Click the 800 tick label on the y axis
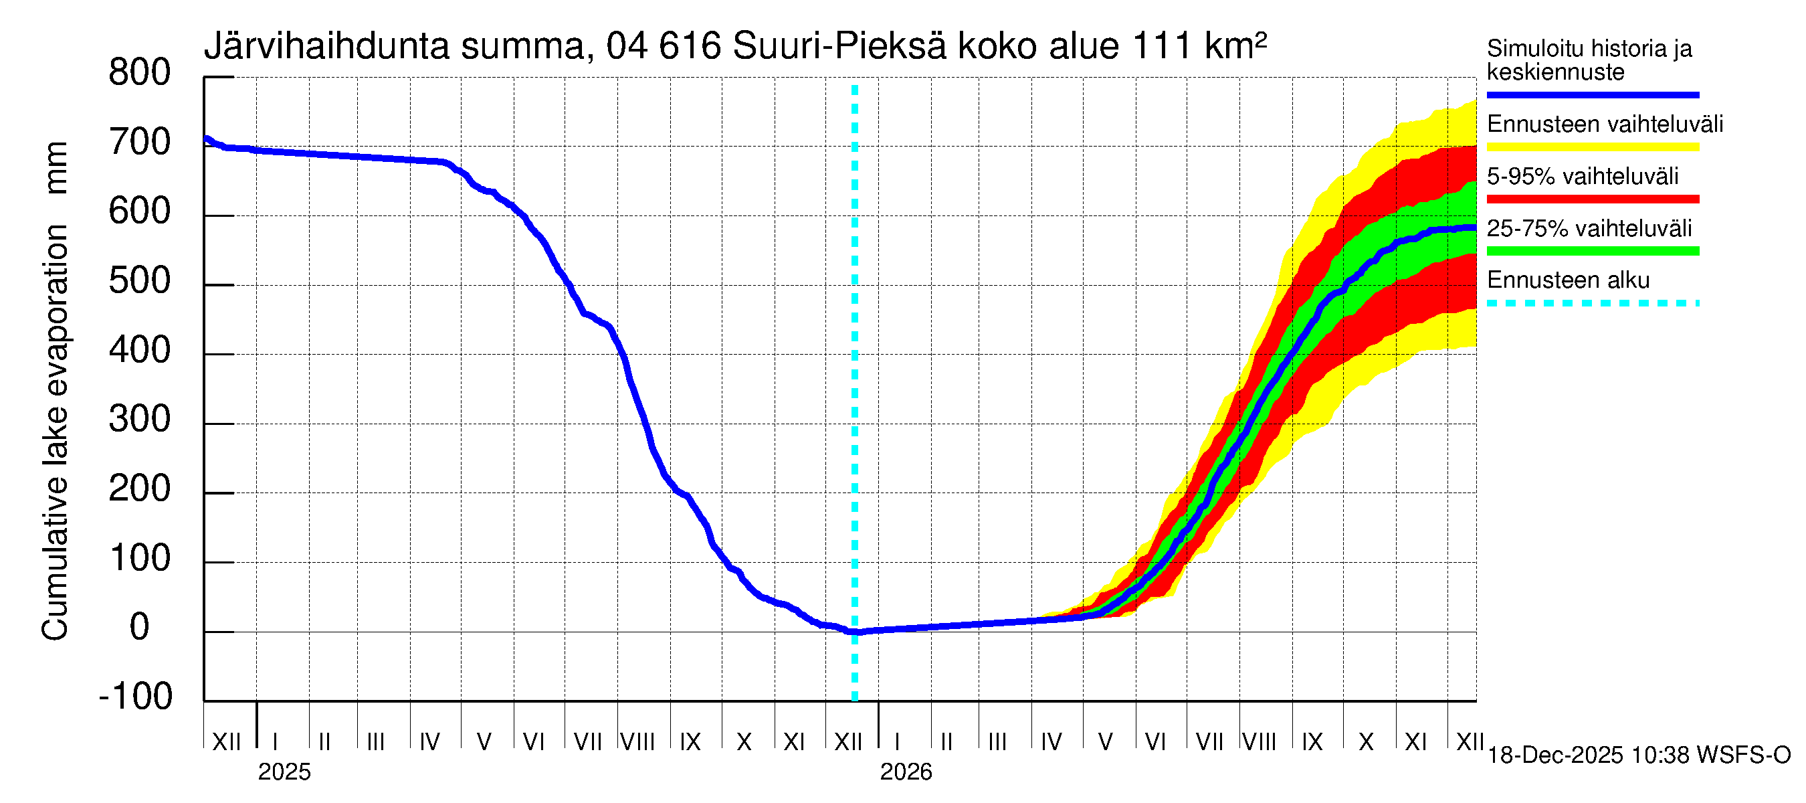(140, 73)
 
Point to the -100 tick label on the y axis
(136, 697)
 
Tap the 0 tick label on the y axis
(140, 627)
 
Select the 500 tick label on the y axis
(140, 281)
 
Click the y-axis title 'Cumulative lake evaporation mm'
(56, 391)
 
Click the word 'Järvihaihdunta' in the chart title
(326, 46)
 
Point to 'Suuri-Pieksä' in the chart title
(839, 46)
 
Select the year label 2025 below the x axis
(284, 772)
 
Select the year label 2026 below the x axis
(906, 772)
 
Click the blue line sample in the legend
(1592, 94)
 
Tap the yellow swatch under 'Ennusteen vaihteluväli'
(1592, 147)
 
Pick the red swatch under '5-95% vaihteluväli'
(1592, 199)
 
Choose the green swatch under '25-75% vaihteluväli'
(1592, 251)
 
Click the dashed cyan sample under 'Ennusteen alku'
(1592, 304)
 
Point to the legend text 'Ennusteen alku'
(1568, 280)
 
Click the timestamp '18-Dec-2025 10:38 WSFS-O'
(1638, 755)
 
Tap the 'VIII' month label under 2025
(638, 742)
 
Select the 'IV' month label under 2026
(1051, 742)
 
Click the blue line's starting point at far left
(205, 139)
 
